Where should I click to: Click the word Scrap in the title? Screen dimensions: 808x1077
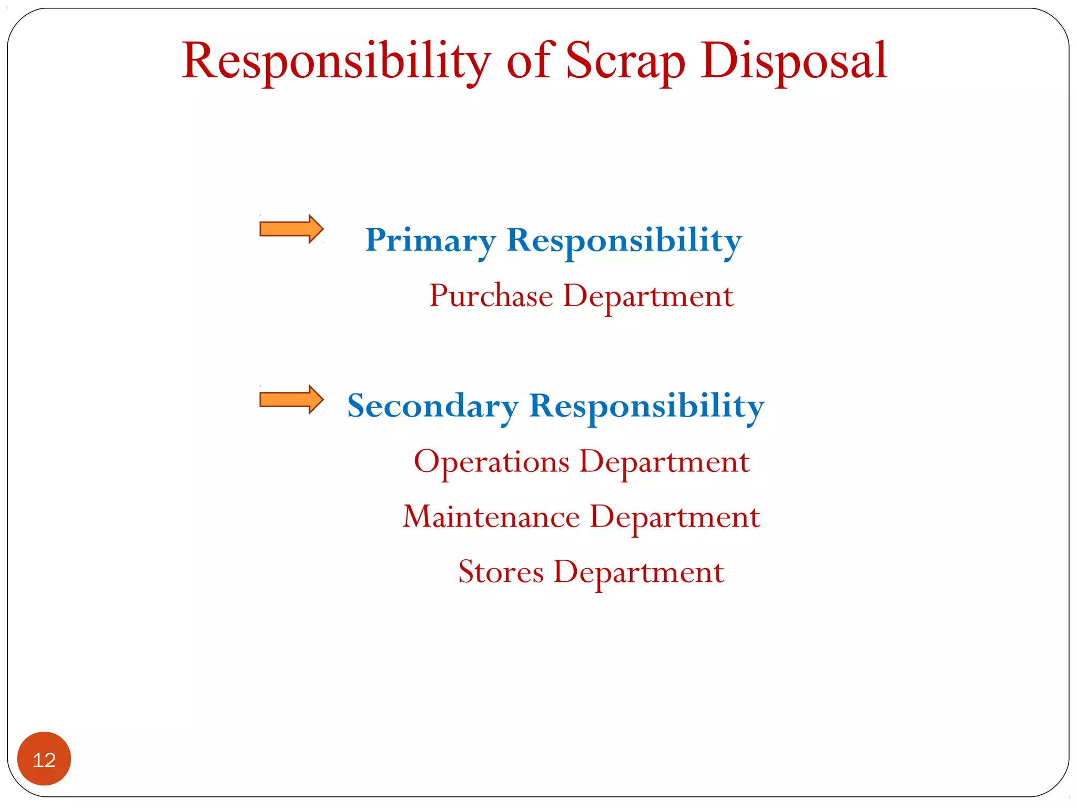click(x=625, y=62)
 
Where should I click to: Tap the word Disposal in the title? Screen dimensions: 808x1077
click(x=794, y=62)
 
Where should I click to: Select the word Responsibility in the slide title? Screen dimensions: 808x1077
click(x=337, y=62)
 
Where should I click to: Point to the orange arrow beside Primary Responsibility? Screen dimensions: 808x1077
click(x=291, y=229)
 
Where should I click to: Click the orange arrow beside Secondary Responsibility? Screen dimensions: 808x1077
click(x=291, y=400)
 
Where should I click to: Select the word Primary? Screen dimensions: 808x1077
click(x=430, y=241)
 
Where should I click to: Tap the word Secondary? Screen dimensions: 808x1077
click(x=433, y=407)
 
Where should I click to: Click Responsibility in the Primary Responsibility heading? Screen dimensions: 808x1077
click(x=624, y=241)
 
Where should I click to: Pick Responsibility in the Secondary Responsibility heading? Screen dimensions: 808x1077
click(x=647, y=407)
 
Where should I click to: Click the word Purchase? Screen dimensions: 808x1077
click(x=491, y=296)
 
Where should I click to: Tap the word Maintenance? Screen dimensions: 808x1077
click(x=492, y=517)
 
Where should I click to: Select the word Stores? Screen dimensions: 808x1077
click(x=501, y=572)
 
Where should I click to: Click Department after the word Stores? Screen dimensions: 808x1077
click(x=638, y=573)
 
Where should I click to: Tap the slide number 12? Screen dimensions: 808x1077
click(x=44, y=760)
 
